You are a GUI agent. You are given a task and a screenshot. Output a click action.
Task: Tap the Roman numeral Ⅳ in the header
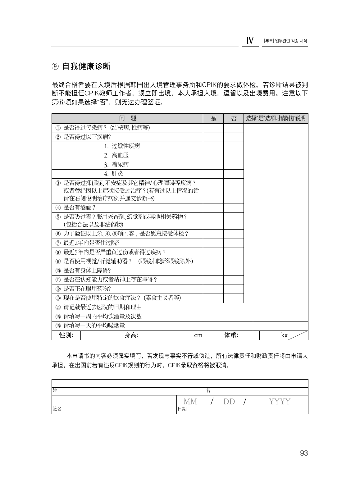point(250,41)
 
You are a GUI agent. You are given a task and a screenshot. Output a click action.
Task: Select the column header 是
point(213,118)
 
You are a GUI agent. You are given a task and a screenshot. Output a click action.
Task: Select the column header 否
point(234,118)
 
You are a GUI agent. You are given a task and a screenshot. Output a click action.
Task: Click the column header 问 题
point(127,118)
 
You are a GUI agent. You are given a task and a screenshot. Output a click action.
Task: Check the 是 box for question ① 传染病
point(213,128)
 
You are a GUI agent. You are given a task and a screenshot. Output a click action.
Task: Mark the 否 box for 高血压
point(234,155)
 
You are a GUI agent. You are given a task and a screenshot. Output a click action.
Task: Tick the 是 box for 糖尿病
point(213,165)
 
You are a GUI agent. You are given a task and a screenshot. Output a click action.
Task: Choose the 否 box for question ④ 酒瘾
point(234,208)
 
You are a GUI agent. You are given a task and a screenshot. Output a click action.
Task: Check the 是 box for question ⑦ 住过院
point(213,243)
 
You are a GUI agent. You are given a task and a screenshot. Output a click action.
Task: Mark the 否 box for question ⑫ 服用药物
point(234,289)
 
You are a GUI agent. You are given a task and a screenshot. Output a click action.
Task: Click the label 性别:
point(66,335)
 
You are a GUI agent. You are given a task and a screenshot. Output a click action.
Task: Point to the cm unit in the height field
point(198,335)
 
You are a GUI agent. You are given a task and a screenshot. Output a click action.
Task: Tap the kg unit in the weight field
point(284,335)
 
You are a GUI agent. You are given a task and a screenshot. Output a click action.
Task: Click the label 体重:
point(231,335)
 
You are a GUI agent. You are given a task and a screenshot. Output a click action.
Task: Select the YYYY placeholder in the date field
point(280,401)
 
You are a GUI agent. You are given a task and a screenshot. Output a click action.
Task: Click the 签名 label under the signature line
point(57,409)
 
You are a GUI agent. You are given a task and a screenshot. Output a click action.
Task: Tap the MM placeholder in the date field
point(190,401)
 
